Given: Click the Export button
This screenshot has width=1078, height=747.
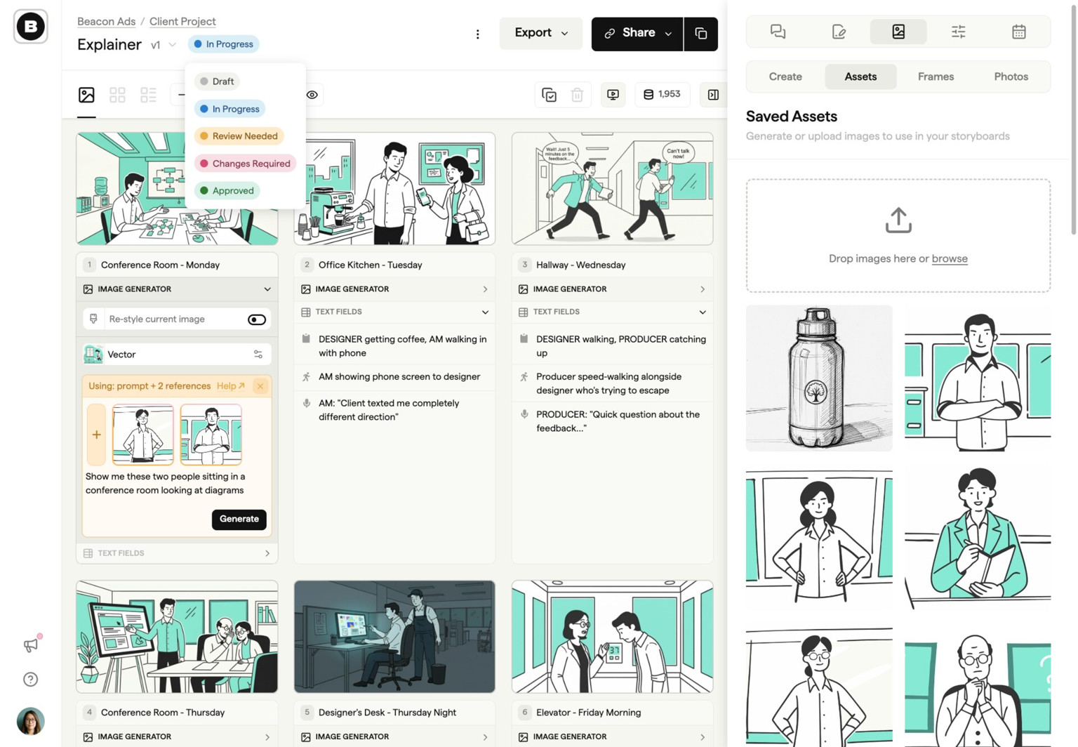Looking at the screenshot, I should (540, 33).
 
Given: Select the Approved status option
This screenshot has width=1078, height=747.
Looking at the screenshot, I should (227, 191).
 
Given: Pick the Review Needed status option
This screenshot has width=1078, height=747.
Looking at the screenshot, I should (239, 136).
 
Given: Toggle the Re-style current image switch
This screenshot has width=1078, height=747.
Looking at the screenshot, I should (257, 319).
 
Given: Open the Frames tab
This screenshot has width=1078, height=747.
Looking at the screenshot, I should (936, 77).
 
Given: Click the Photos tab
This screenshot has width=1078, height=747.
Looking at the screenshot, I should (1011, 77).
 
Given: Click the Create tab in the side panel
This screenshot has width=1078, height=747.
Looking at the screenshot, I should (785, 77).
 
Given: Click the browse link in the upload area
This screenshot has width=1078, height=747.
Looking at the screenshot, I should (949, 258).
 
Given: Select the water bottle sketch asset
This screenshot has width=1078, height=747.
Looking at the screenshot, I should (818, 378).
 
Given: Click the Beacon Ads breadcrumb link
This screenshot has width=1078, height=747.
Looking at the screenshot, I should (106, 21).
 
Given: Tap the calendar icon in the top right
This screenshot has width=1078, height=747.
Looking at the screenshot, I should (1018, 32).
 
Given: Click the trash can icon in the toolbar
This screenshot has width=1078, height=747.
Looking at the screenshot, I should (577, 95).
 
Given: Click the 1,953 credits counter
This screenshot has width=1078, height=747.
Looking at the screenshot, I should (662, 94).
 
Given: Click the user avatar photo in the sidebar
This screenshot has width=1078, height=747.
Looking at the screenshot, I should (30, 721).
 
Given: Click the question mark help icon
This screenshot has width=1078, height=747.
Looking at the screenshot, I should (30, 679).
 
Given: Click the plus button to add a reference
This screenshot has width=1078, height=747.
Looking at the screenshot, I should (97, 435).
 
